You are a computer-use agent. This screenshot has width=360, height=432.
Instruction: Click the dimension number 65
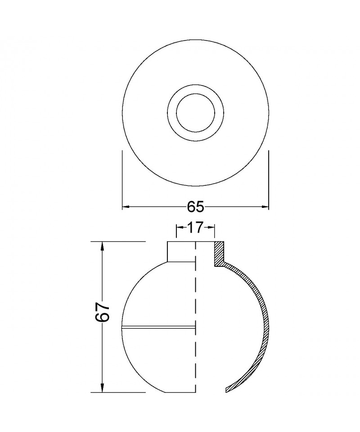click(195, 207)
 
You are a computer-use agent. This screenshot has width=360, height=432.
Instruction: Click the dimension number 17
click(195, 227)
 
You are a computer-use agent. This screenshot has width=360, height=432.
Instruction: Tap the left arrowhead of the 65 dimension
click(126, 207)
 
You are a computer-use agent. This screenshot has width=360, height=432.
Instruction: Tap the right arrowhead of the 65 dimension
click(265, 207)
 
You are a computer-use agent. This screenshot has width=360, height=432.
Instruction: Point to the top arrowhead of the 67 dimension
click(103, 246)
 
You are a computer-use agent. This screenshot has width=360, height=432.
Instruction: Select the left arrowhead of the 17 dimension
click(180, 227)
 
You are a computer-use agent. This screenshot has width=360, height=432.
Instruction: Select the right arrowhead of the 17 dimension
click(211, 227)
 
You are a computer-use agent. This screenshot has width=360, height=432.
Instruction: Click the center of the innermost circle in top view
click(196, 113)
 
